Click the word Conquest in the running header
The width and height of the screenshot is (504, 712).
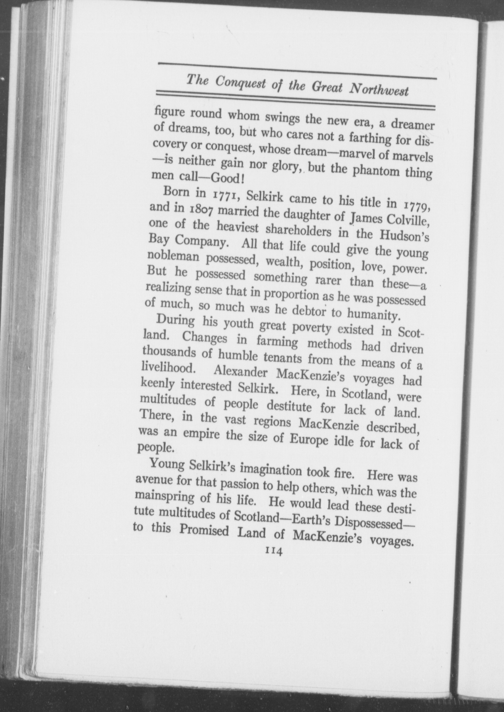point(240,84)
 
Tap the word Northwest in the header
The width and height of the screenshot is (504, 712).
point(379,91)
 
